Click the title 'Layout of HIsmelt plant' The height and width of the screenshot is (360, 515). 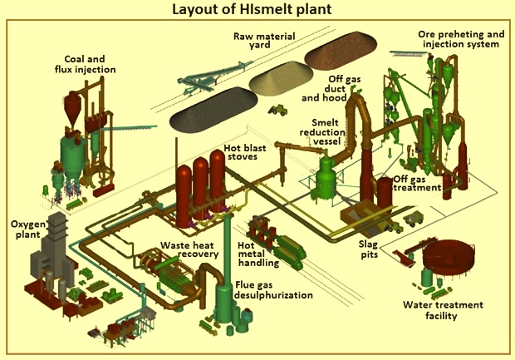(252, 9)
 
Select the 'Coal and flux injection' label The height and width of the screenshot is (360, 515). (85, 64)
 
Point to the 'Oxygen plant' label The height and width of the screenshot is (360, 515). (28, 229)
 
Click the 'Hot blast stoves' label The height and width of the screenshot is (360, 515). (245, 151)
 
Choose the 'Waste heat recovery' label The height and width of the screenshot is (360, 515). (189, 249)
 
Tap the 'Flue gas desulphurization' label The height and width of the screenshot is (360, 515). (273, 290)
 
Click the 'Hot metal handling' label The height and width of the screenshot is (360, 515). (258, 254)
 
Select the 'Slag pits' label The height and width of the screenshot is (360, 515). (369, 249)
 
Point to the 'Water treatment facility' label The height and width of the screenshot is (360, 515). (443, 310)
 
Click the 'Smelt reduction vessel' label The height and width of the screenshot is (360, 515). (322, 132)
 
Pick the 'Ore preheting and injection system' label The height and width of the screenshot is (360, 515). (461, 39)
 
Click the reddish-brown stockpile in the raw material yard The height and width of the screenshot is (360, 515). (341, 50)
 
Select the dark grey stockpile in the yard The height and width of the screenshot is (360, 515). (213, 110)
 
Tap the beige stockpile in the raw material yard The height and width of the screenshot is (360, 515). (281, 78)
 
